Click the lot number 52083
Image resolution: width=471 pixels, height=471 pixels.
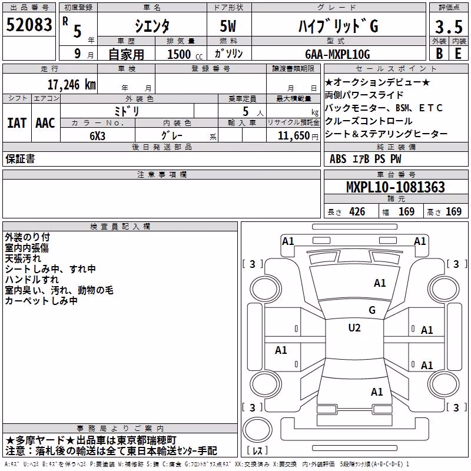29,25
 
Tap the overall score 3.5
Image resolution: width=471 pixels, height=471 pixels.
449,26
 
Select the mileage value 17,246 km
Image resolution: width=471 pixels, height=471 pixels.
71,85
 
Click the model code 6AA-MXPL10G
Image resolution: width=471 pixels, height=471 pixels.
337,54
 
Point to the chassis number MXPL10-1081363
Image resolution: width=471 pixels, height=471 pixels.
396,187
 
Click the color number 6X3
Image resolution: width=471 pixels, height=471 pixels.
97,136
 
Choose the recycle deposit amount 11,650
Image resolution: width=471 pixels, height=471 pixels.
293,136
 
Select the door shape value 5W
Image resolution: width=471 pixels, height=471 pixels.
228,26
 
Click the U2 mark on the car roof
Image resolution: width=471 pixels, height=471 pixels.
354,328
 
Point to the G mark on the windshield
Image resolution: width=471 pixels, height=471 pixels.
372,310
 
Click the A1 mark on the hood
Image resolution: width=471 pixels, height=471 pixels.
380,283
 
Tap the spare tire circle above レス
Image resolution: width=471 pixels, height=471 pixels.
257,430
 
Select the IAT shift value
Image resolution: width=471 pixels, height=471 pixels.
16,123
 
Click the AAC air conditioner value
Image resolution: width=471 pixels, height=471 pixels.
45,123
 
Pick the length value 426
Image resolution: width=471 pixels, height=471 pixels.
357,212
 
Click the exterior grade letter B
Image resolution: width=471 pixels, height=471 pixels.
439,54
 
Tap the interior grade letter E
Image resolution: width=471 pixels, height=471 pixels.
458,54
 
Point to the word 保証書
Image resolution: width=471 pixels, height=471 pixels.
20,158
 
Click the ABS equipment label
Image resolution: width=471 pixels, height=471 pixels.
338,159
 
